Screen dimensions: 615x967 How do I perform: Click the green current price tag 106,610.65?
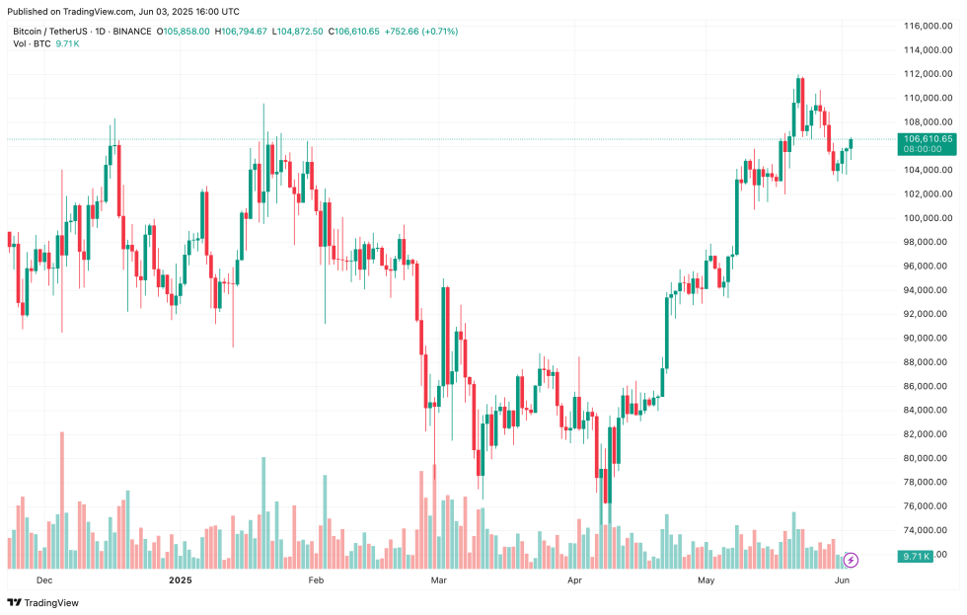pyautogui.click(x=927, y=139)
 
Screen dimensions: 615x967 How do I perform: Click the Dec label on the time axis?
pyautogui.click(x=42, y=580)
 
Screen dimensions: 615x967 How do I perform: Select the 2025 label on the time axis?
pyautogui.click(x=181, y=580)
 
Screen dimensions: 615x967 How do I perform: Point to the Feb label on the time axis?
pyautogui.click(x=317, y=580)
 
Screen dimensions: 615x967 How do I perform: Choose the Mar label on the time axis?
pyautogui.click(x=440, y=580)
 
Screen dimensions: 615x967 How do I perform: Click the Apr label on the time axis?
pyautogui.click(x=574, y=580)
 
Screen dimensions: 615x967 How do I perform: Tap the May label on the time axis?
pyautogui.click(x=706, y=580)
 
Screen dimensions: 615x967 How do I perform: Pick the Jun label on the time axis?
pyautogui.click(x=843, y=580)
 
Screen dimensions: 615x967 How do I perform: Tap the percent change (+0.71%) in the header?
pyautogui.click(x=439, y=32)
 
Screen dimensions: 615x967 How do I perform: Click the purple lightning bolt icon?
pyautogui.click(x=851, y=560)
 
